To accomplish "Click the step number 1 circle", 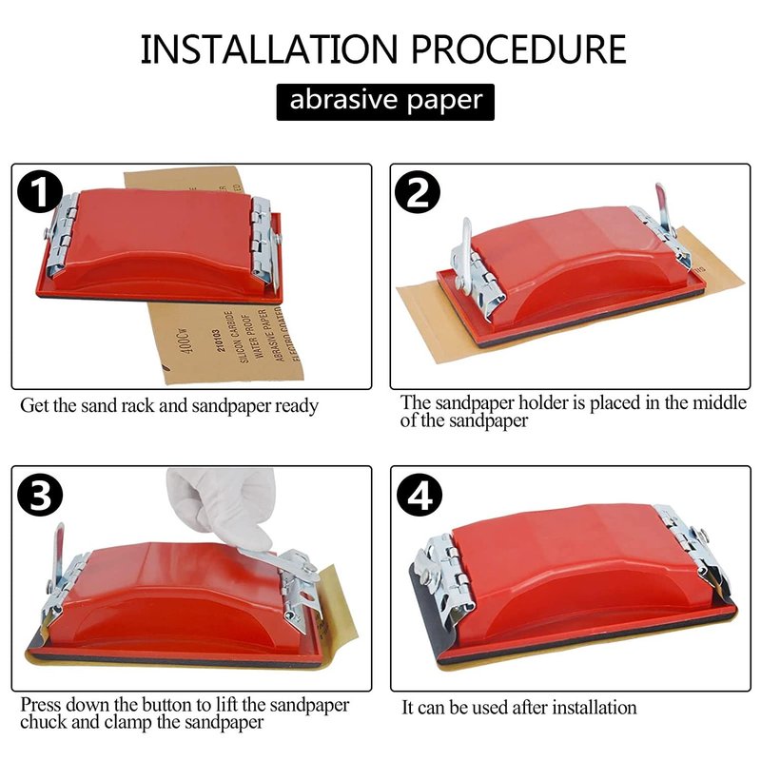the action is point(40,192).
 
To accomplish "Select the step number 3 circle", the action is point(40,495).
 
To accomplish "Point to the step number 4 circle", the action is point(420,497).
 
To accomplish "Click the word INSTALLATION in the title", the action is point(269,49).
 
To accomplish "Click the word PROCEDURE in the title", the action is point(518,49).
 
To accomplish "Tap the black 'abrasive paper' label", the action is point(385,102).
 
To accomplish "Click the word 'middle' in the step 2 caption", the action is point(719,402).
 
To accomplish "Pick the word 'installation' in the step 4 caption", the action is point(594,708).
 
